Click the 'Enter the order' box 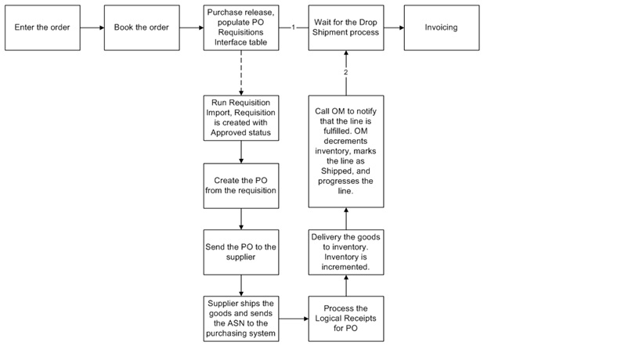42,27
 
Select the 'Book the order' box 141,27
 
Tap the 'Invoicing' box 441,27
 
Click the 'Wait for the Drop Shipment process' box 345,27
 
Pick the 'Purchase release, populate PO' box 240,27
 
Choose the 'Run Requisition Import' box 240,117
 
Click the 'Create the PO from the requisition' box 240,185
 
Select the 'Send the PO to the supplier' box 240,252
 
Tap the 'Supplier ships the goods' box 240,319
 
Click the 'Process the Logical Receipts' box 345,319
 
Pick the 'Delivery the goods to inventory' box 345,252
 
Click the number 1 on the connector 293,27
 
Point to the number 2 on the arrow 345,73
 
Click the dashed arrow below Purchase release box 240,72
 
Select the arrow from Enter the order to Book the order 91,27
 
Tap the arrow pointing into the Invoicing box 394,27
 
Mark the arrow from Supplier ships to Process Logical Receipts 293,319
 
